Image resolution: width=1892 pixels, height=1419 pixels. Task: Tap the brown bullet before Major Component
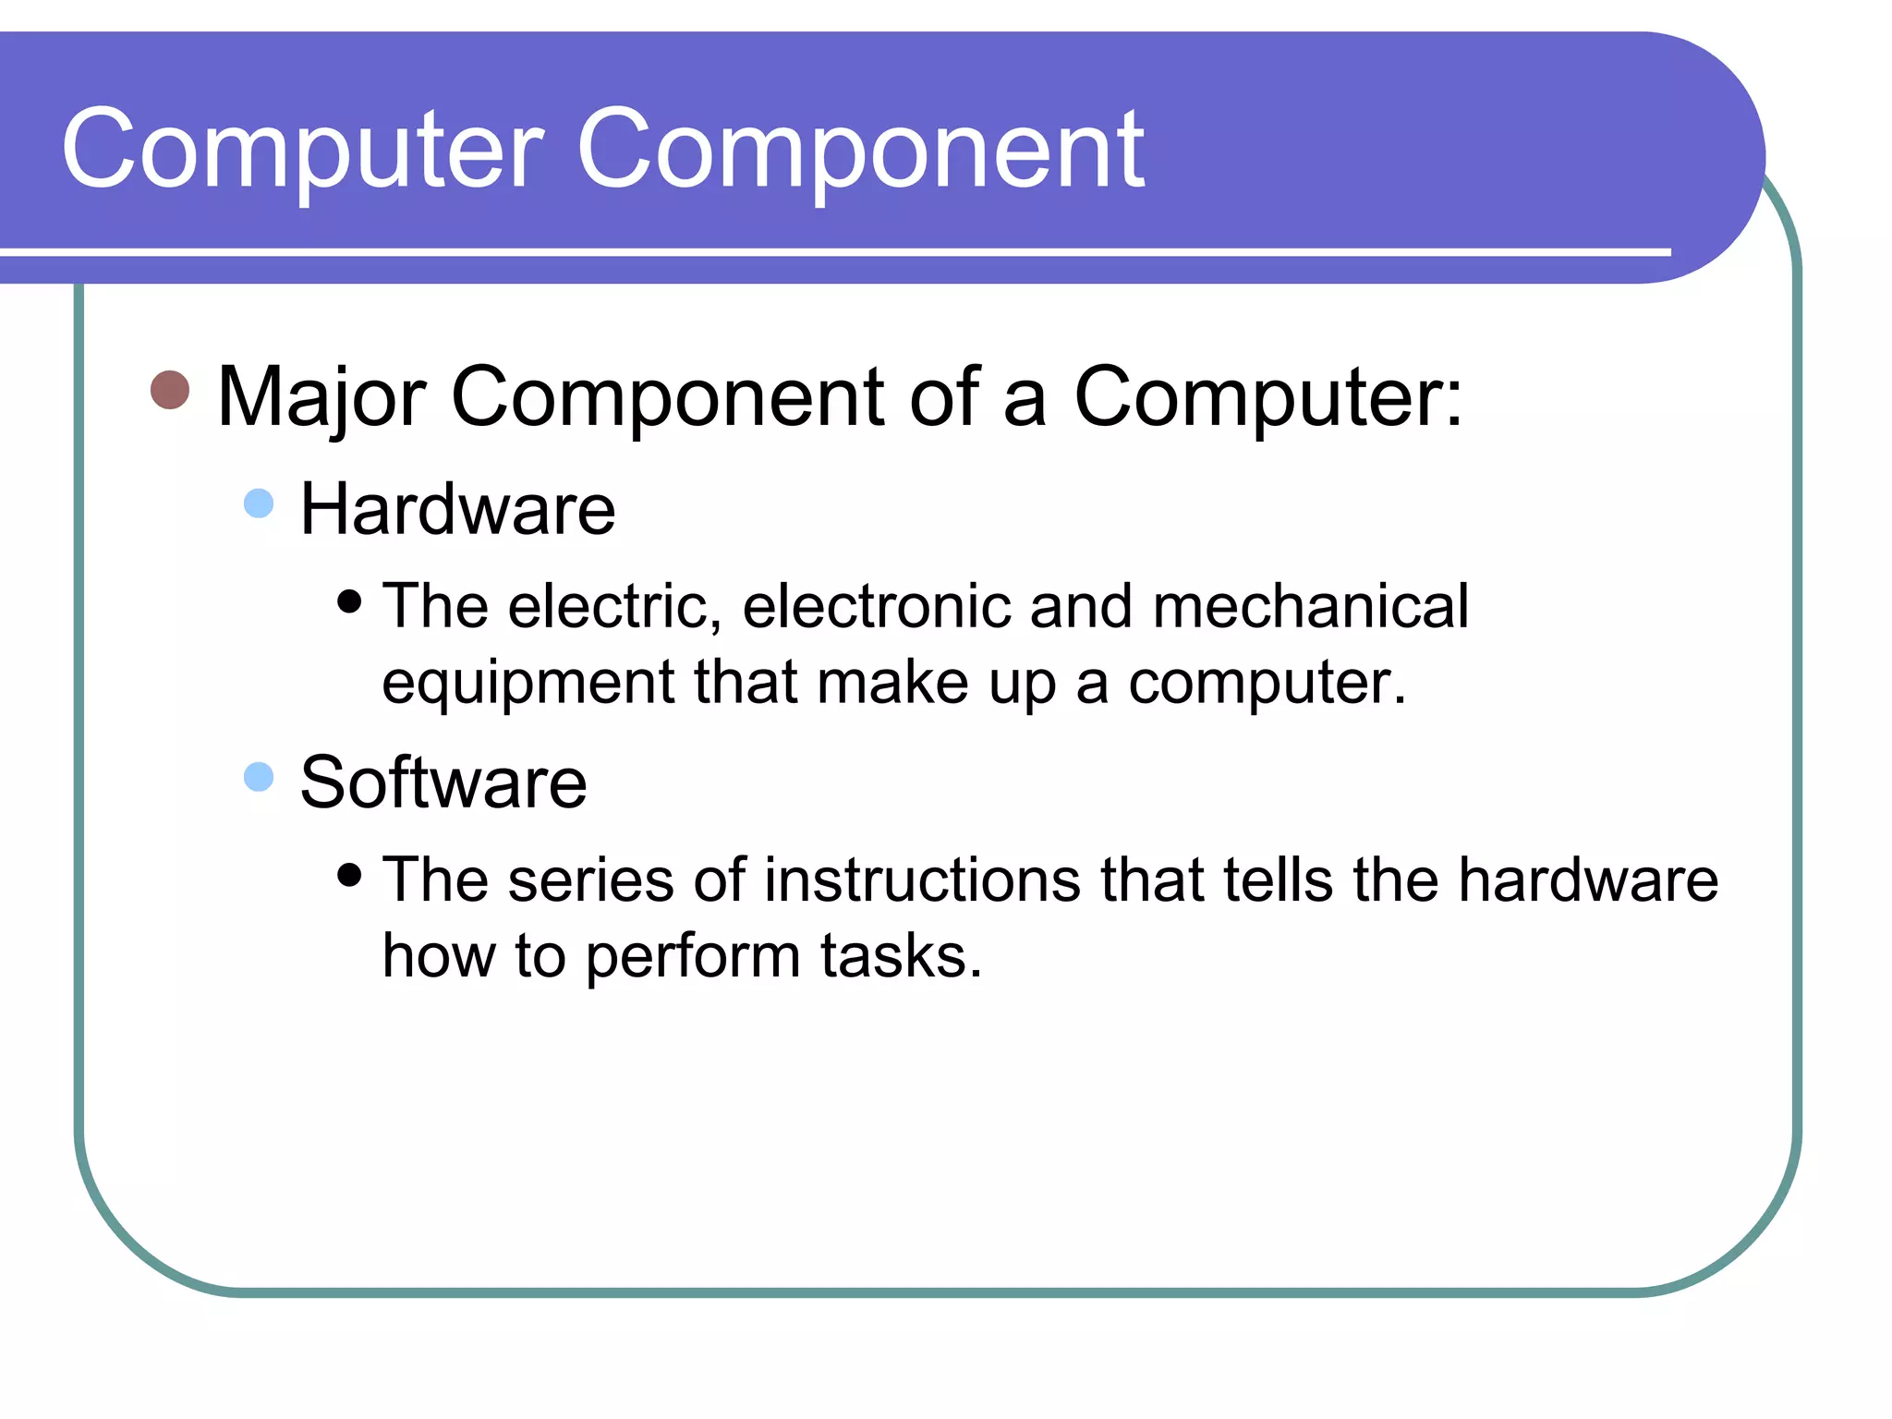click(x=170, y=390)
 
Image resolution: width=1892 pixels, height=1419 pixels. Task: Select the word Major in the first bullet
click(x=321, y=397)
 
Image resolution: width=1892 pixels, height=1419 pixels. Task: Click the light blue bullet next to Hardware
click(x=259, y=503)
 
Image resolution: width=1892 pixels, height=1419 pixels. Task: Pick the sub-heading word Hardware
click(x=457, y=509)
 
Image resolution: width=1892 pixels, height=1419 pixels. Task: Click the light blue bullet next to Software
click(x=259, y=777)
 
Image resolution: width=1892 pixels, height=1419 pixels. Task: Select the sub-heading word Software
click(x=443, y=782)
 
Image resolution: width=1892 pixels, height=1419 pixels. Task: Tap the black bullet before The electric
click(x=349, y=602)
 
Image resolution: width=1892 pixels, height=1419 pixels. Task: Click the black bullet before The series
click(x=349, y=874)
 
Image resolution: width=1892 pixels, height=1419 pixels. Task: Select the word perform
click(x=693, y=957)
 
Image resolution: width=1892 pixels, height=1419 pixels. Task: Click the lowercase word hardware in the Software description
click(x=1588, y=879)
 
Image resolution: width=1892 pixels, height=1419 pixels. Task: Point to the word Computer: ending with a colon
click(x=1267, y=397)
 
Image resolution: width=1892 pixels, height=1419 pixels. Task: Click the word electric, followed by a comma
click(x=614, y=607)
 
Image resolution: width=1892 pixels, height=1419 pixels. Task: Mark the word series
click(x=590, y=879)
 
